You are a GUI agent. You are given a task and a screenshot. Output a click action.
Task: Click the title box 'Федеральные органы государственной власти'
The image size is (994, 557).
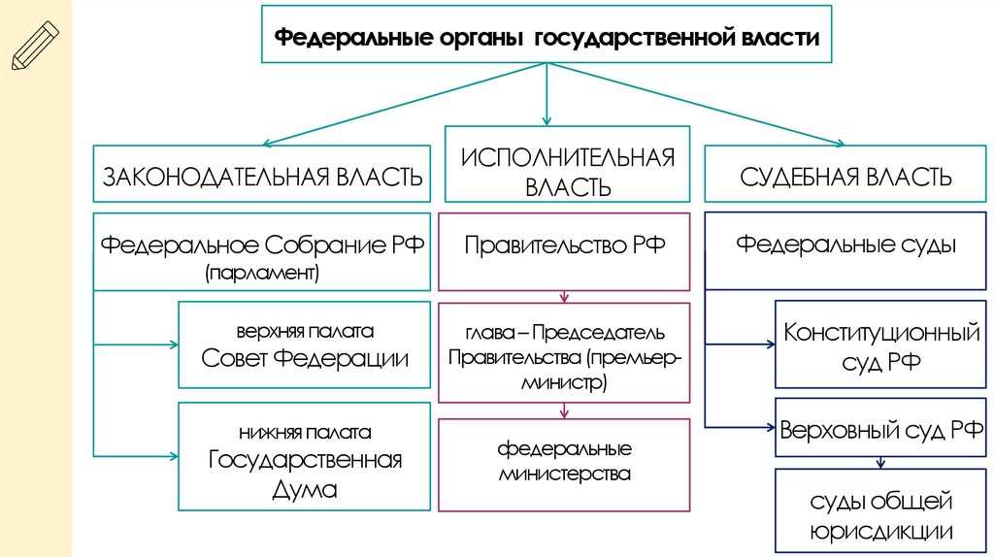pyautogui.click(x=548, y=38)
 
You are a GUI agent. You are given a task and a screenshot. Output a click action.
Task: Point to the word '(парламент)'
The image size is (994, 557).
pyautogui.click(x=262, y=274)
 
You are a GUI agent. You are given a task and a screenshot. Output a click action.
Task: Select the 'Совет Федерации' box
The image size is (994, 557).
pyautogui.click(x=305, y=345)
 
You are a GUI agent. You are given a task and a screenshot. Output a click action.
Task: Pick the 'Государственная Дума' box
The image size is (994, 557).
pyautogui.click(x=305, y=457)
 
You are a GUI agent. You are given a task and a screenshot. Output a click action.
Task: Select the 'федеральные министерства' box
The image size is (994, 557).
pyautogui.click(x=565, y=464)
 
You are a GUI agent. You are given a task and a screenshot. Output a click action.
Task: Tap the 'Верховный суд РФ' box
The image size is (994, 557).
pyautogui.click(x=880, y=428)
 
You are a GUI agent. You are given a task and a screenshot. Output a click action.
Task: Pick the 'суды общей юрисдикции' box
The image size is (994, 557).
pyautogui.click(x=880, y=514)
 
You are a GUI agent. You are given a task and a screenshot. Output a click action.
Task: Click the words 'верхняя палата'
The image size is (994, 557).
pyautogui.click(x=305, y=330)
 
